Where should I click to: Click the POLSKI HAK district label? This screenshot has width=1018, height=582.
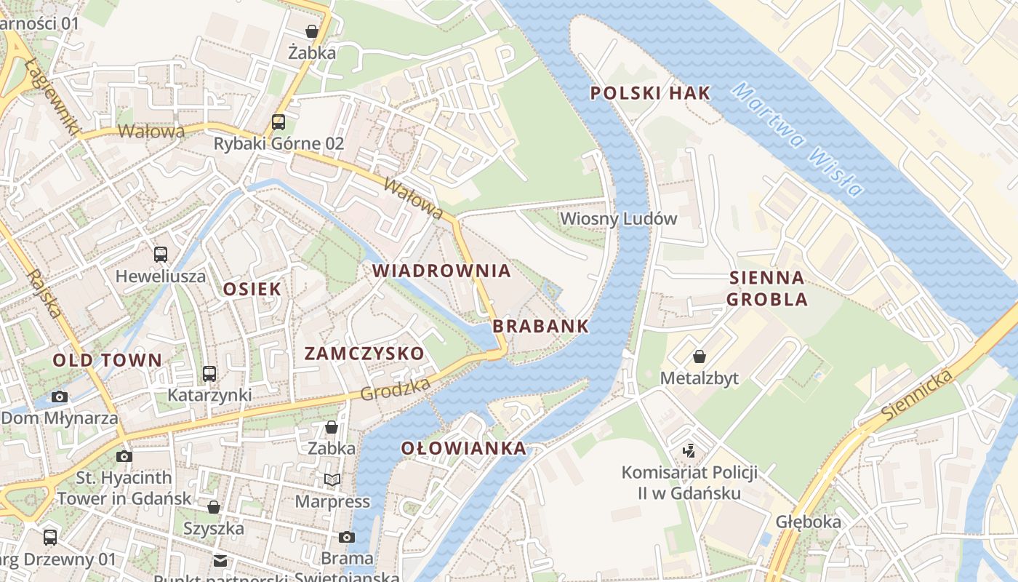click(649, 93)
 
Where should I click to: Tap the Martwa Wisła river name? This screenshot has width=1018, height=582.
click(798, 140)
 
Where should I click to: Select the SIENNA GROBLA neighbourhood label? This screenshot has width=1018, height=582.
click(767, 288)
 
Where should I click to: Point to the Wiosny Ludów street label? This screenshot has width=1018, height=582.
click(618, 218)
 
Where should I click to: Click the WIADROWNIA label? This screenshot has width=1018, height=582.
click(441, 271)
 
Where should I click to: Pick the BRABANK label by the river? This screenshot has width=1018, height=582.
click(540, 326)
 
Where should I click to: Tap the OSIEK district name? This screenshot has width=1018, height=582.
click(252, 289)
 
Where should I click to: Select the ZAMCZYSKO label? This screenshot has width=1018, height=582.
click(364, 354)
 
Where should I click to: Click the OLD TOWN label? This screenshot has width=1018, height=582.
click(107, 360)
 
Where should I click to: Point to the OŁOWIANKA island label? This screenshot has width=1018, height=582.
click(463, 448)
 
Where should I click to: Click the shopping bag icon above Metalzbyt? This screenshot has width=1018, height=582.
click(699, 356)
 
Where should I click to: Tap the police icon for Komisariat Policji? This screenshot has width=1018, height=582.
click(689, 450)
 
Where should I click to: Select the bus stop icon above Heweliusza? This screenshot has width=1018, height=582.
click(161, 255)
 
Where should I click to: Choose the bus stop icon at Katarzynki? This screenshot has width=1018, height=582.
click(209, 374)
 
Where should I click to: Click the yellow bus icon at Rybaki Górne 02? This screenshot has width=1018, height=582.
click(278, 121)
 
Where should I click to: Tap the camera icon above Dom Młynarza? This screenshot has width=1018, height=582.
click(60, 396)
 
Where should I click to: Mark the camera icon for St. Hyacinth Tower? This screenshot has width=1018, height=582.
click(124, 456)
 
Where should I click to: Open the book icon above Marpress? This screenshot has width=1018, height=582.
click(332, 479)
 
